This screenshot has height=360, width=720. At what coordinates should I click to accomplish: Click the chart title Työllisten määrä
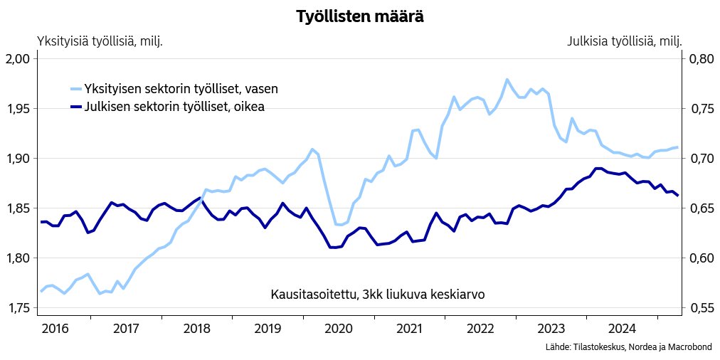[x=360, y=17]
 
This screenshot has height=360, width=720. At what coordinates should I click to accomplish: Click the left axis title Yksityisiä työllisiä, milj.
[x=100, y=41]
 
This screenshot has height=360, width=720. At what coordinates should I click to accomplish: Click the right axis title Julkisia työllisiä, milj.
[x=624, y=41]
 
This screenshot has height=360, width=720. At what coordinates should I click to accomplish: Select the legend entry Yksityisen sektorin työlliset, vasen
[x=181, y=89]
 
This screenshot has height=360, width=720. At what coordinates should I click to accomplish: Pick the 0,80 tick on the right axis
[x=700, y=59]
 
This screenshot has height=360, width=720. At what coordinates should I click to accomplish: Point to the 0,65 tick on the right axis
[x=700, y=208]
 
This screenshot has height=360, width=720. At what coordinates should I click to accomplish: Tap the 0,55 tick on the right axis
[x=700, y=308]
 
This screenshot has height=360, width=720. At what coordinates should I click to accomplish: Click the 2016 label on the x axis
[x=55, y=329]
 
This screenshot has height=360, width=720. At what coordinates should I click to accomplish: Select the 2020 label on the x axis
[x=339, y=329]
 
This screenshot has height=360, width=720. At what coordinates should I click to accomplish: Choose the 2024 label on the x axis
[x=622, y=329]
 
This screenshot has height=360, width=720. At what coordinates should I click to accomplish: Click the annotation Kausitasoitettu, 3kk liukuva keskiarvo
[x=378, y=295]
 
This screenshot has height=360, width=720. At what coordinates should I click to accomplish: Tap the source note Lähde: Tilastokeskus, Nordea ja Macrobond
[x=628, y=346]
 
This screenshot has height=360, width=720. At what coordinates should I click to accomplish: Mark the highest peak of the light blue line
[x=507, y=80]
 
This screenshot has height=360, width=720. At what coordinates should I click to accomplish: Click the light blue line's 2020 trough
[x=340, y=225]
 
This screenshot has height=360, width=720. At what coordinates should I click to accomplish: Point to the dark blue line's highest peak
[x=598, y=169]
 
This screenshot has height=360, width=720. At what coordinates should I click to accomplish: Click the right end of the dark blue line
[x=677, y=195]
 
